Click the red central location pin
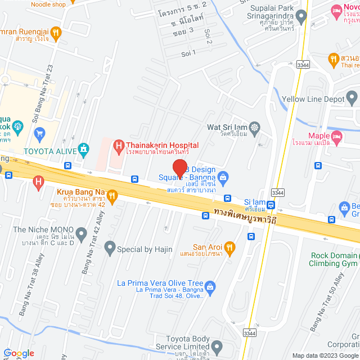click(x=179, y=168)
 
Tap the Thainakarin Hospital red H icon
click(x=118, y=147)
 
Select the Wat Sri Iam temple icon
click(x=254, y=127)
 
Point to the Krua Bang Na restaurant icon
click(x=112, y=196)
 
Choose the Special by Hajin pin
click(x=110, y=246)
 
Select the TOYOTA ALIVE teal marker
click(x=84, y=150)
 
